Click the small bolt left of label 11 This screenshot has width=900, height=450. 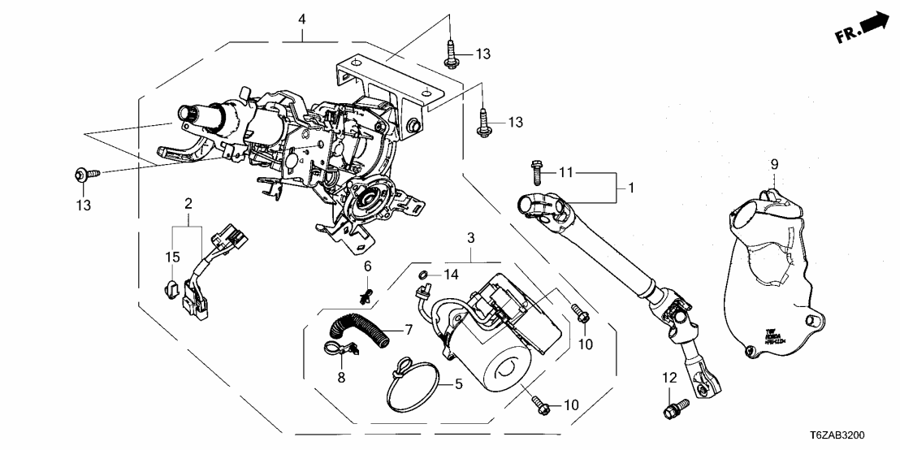point(537,171)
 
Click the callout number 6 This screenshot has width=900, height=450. point(367,266)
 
